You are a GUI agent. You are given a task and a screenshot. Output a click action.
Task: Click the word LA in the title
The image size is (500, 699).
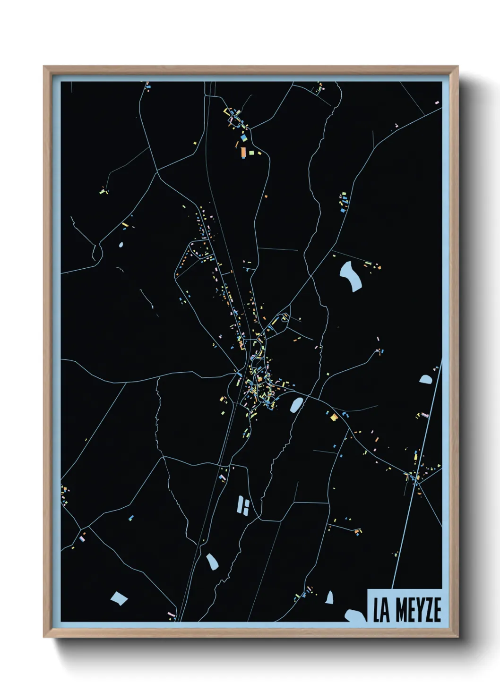coord(381,610)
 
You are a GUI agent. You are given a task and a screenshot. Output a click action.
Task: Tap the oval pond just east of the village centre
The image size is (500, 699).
coord(296,404)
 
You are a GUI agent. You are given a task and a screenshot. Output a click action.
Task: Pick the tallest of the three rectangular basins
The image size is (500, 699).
coord(240,504)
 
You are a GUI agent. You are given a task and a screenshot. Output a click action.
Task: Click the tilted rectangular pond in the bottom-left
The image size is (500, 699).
coord(119,598)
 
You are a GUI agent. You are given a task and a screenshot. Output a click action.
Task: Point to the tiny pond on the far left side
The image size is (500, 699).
coord(121,245)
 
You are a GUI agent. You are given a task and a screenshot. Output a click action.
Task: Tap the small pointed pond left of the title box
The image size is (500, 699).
coord(329,597)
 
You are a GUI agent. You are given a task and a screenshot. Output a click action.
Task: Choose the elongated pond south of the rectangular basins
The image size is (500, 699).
coord(211,561)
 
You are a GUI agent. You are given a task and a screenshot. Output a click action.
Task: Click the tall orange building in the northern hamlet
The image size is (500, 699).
coord(243,152)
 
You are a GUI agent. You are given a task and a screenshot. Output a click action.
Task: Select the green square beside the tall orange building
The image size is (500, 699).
coord(251,153)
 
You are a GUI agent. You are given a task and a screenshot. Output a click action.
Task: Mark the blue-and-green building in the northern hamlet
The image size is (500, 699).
coord(244,138)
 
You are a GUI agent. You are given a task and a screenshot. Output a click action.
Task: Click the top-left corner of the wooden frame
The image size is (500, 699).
coord(44,67)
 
